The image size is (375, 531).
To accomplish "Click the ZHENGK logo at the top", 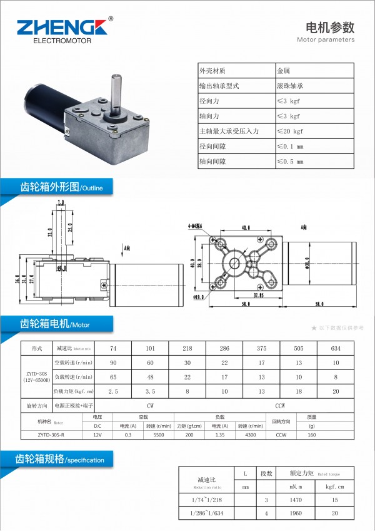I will [x=62, y=29].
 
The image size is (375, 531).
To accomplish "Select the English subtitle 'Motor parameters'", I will [x=326, y=39].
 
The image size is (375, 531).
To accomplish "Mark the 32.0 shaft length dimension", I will [x=49, y=231].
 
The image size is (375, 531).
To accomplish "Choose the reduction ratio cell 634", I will [x=336, y=348].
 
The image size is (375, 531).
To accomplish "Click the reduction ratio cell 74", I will [x=113, y=348].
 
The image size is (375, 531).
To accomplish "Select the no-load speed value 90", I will [x=113, y=363].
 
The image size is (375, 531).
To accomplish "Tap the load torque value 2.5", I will [x=113, y=391].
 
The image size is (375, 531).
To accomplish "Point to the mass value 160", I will [x=312, y=434].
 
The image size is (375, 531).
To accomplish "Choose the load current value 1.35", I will [x=219, y=434].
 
